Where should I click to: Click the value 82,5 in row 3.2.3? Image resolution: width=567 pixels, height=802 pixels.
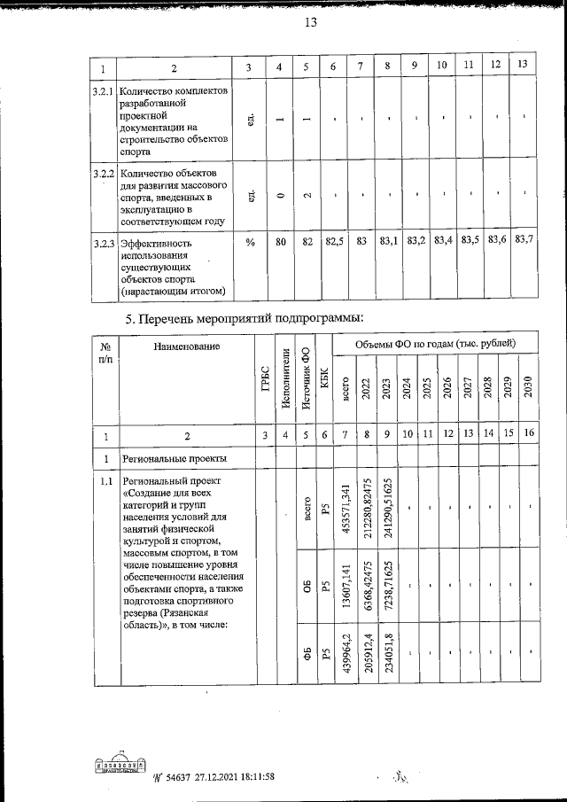333,240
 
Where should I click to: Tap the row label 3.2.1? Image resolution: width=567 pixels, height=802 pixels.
104,92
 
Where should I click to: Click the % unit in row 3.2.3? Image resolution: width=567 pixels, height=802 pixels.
251,240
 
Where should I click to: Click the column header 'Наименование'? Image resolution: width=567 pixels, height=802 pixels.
185,347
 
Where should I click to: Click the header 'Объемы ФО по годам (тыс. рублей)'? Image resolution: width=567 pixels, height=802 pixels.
436,344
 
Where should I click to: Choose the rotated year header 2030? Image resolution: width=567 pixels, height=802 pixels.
528,389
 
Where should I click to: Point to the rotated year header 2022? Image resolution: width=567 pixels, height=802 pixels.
365,389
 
